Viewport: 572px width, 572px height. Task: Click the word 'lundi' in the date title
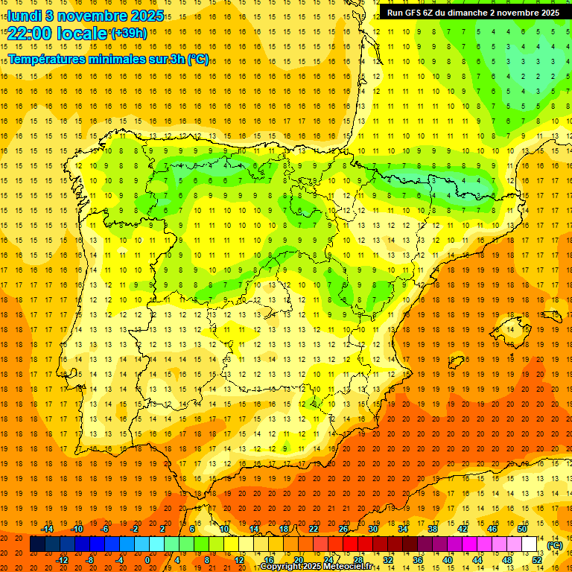point(25,15)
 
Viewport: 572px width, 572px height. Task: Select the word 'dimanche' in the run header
point(467,13)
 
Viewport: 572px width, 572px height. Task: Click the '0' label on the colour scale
point(147,559)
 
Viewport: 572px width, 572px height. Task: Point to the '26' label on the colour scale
point(343,529)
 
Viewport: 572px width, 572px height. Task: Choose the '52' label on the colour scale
point(537,559)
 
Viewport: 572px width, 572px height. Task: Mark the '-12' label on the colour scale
point(63,559)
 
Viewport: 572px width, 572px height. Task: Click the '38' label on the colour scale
point(433,529)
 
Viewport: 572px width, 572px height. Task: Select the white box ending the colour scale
point(530,544)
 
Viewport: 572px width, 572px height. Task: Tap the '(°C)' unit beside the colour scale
point(555,545)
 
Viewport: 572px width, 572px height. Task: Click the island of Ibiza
point(456,363)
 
